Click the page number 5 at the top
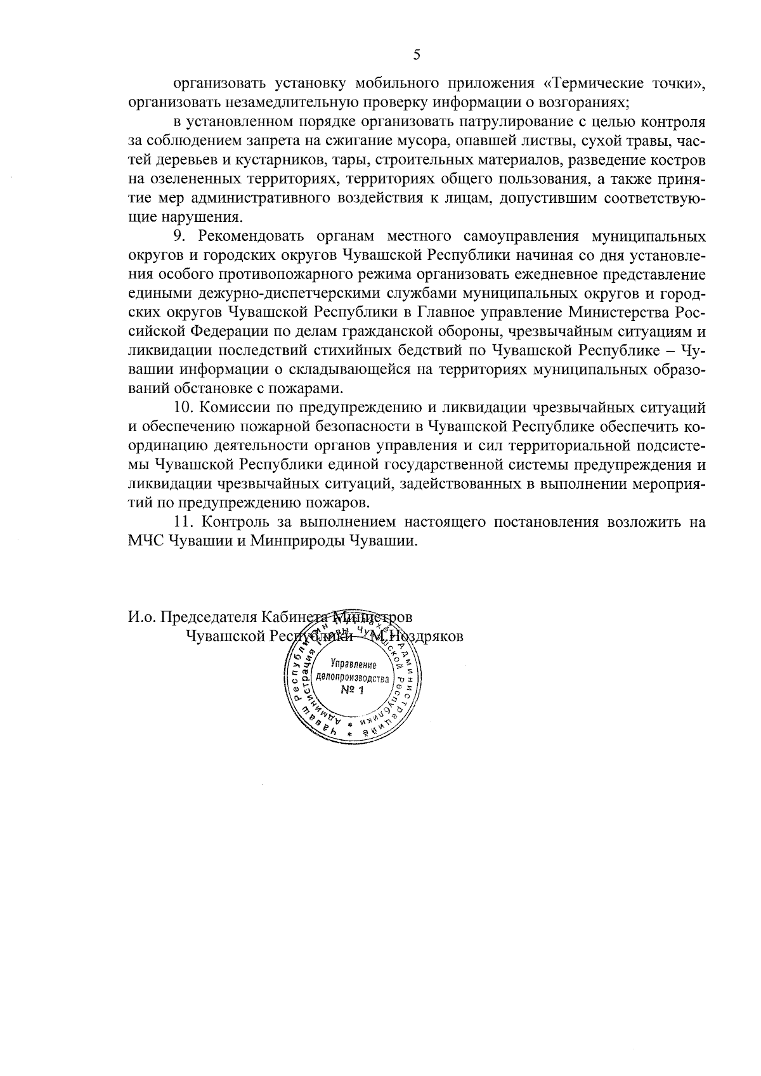(x=417, y=55)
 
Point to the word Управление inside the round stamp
(x=354, y=664)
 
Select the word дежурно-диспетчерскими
(x=265, y=294)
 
